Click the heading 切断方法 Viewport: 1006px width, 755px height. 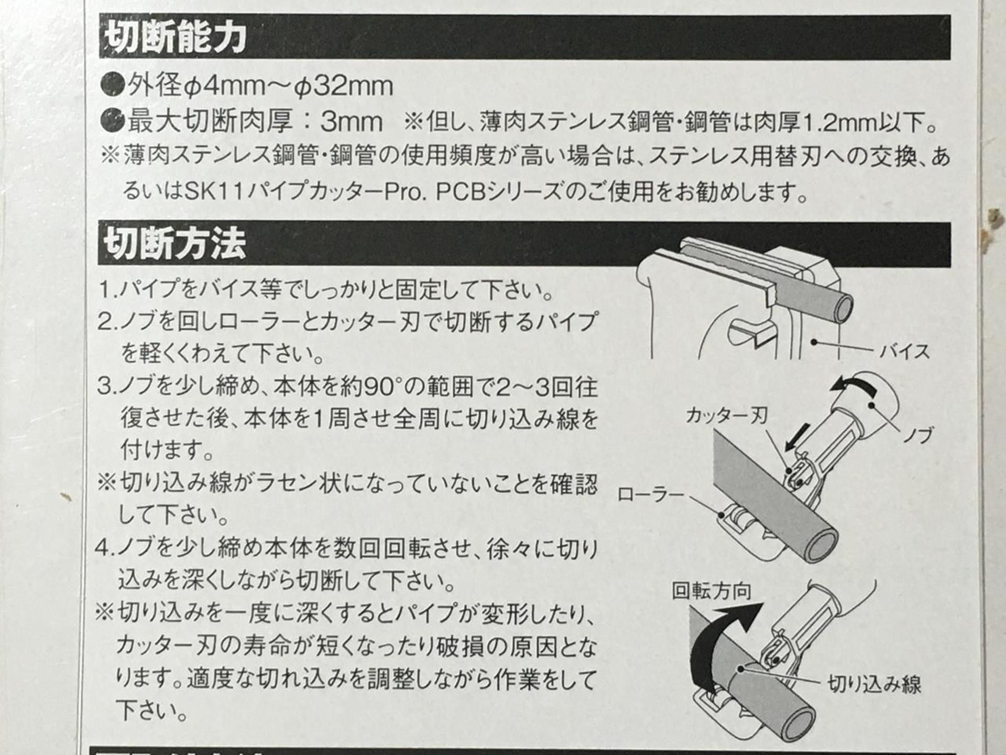(174, 244)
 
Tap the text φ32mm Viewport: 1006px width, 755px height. (344, 86)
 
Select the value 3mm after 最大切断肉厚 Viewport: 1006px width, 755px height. (352, 122)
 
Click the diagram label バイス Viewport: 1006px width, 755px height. (904, 351)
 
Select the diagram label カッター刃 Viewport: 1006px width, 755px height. (726, 416)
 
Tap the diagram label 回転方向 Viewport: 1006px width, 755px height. (712, 591)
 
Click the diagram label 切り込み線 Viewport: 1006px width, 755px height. (873, 684)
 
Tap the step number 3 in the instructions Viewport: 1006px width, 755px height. (104, 387)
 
